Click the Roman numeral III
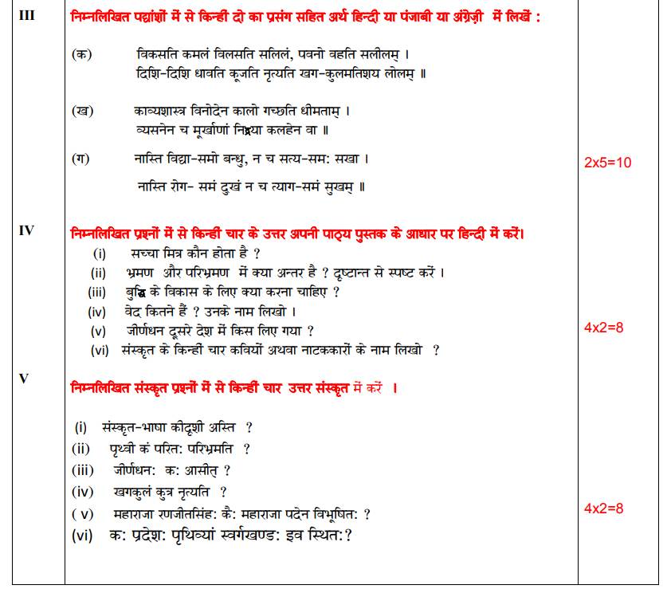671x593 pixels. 26,15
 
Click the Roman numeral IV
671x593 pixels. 26,230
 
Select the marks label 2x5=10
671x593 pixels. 607,163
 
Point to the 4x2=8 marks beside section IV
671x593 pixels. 603,328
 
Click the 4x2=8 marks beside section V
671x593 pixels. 603,508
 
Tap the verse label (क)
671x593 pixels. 80,55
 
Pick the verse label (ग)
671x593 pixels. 80,159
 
